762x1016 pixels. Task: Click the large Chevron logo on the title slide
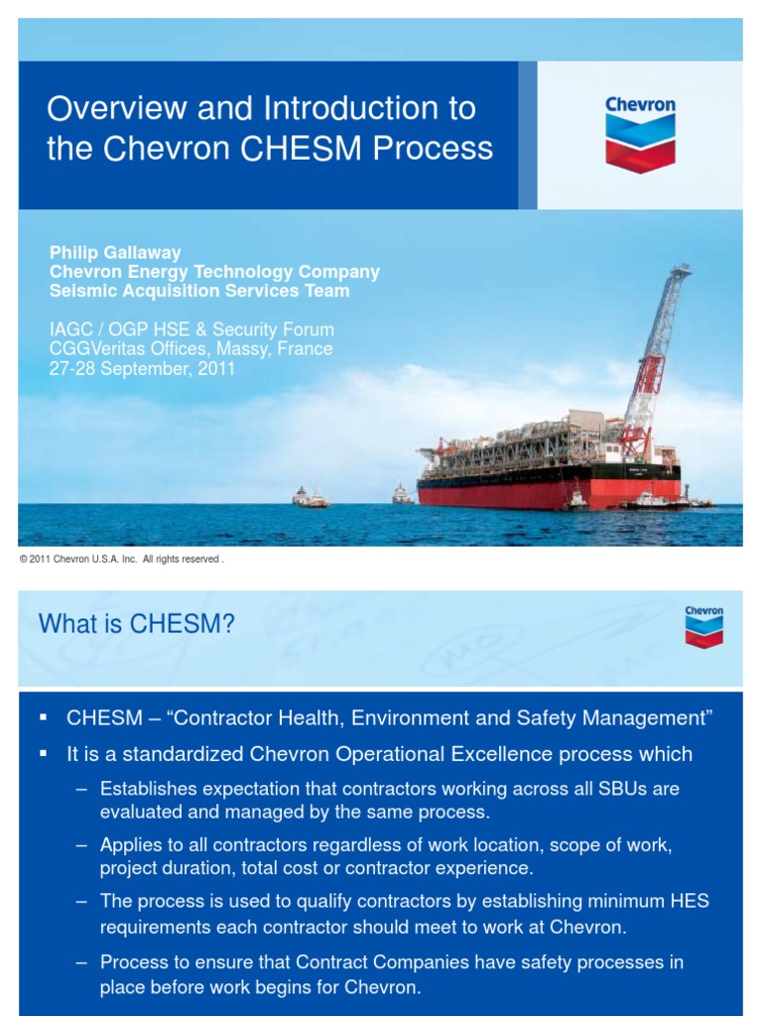640,134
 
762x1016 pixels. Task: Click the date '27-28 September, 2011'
142,368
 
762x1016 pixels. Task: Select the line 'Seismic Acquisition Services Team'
199,291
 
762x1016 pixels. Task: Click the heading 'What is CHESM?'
137,624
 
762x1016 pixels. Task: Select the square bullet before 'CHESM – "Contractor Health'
44,716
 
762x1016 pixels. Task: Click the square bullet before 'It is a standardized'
44,754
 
